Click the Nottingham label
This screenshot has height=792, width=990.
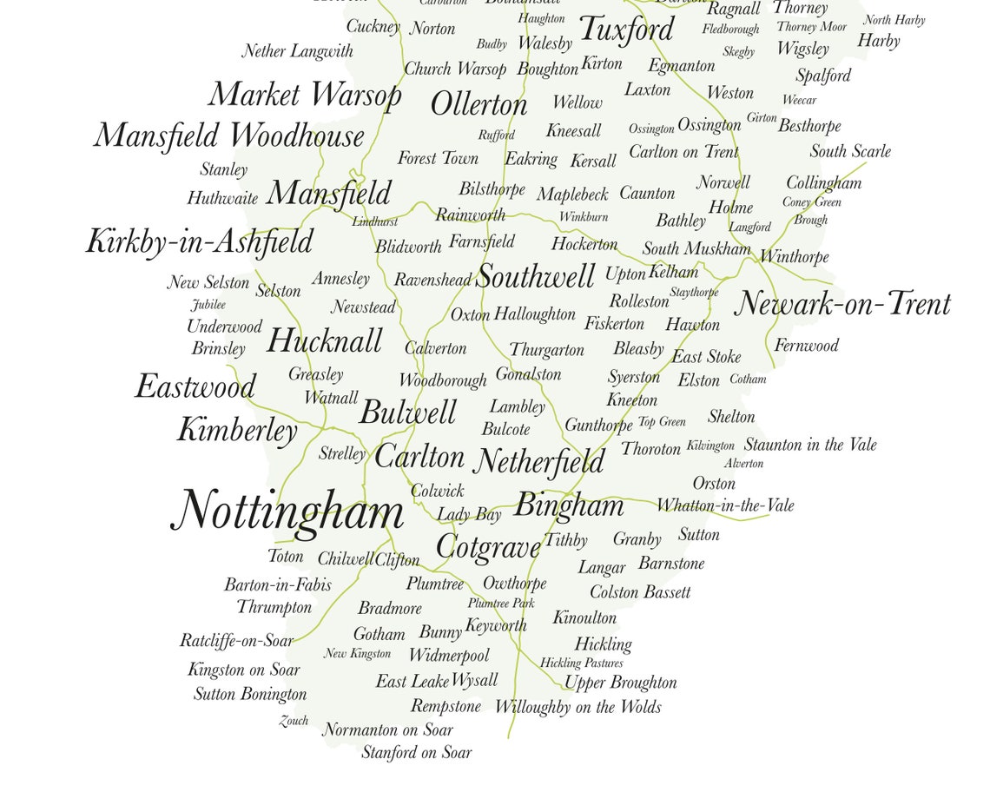pyautogui.click(x=287, y=511)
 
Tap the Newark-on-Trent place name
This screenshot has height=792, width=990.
pyautogui.click(x=842, y=305)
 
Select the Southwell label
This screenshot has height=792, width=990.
pyautogui.click(x=536, y=277)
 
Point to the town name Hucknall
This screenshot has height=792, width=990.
pyautogui.click(x=324, y=341)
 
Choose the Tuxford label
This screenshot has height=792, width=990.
pyautogui.click(x=626, y=30)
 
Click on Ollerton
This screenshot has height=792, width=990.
pyautogui.click(x=478, y=105)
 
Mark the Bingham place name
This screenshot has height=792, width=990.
pyautogui.click(x=569, y=505)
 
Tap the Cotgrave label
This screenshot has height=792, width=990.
pyautogui.click(x=488, y=547)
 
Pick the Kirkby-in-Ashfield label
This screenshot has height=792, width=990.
pyautogui.click(x=199, y=241)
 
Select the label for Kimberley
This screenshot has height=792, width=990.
pyautogui.click(x=237, y=430)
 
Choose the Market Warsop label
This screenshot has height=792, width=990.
pyautogui.click(x=305, y=94)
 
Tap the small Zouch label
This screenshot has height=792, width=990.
pyautogui.click(x=294, y=721)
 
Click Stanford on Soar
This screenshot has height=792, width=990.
pyautogui.click(x=416, y=753)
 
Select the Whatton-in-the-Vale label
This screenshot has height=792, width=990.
pyautogui.click(x=725, y=505)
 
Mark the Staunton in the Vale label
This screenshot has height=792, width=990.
pyautogui.click(x=810, y=445)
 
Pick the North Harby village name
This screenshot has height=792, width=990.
pyautogui.click(x=894, y=20)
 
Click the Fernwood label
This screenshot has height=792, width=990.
pyautogui.click(x=806, y=346)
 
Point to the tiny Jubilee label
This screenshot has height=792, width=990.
pyautogui.click(x=208, y=305)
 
